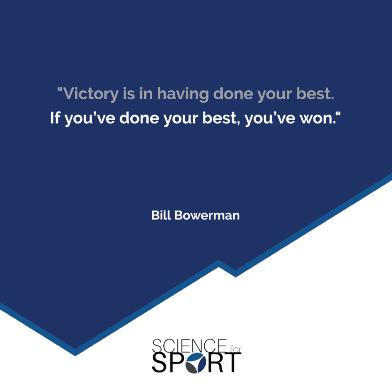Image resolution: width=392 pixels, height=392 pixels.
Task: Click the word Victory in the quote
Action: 90,94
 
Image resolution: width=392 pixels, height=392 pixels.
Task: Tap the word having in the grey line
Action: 183,94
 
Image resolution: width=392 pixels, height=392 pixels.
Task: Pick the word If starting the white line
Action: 55,118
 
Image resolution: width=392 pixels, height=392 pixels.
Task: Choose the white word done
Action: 139,118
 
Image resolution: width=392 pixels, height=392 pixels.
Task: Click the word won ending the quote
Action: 317,119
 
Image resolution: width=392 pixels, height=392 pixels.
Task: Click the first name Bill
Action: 161,215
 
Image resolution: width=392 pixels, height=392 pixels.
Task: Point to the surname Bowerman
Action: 207,215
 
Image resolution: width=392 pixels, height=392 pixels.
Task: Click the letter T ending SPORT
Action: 233,362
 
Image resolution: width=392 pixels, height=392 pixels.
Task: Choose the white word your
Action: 181,120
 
